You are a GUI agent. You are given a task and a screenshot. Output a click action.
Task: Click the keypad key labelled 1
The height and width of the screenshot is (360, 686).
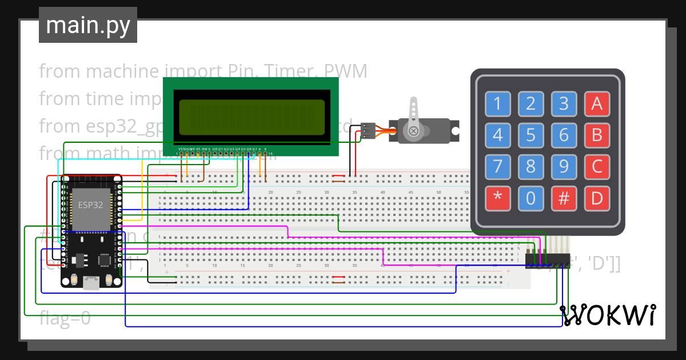(497, 104)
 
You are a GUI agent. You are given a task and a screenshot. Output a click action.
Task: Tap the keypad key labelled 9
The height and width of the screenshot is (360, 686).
(564, 167)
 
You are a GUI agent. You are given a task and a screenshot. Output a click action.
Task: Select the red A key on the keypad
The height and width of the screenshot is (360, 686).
(597, 104)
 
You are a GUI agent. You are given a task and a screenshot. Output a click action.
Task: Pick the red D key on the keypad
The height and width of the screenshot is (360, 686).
(597, 198)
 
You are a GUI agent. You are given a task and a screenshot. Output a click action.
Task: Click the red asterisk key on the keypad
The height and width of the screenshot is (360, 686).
(497, 198)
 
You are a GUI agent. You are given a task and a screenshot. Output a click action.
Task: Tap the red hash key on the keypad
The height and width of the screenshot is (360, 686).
(564, 198)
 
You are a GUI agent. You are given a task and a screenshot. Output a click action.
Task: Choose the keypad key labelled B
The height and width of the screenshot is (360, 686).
(597, 135)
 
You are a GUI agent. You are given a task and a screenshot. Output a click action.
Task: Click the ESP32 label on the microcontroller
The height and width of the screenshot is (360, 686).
(90, 205)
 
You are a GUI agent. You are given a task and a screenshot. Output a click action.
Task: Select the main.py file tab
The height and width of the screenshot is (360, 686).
(87, 25)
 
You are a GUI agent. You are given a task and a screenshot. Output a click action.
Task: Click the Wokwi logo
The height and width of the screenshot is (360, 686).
(608, 315)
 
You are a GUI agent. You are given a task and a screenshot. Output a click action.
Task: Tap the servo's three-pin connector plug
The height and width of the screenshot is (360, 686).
(368, 131)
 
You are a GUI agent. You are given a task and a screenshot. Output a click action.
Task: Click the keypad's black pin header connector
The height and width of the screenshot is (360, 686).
(548, 261)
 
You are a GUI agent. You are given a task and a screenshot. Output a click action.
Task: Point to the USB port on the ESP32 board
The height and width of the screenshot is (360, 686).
(91, 282)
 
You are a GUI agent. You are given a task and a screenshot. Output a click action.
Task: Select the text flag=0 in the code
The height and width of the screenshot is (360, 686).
(65, 318)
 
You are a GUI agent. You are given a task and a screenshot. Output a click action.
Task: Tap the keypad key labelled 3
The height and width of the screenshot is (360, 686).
(564, 104)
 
